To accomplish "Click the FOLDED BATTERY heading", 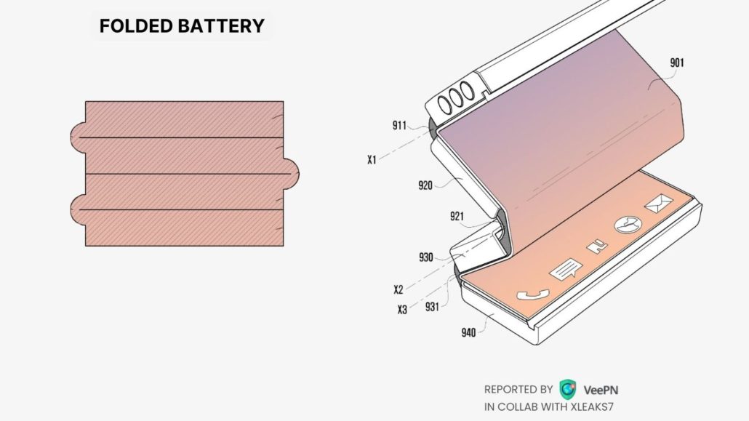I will coord(182,26).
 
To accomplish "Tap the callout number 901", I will coord(676,63).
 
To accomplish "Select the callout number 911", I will coord(399,125).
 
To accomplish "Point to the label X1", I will coord(372,159).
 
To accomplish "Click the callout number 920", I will coord(425,185).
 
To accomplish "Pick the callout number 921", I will coord(457,216).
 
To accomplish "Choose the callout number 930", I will coord(426,257).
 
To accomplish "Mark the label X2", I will coord(398,289).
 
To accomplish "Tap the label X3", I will coord(402,309).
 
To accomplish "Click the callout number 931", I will coord(432,307).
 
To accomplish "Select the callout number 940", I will coord(468,333).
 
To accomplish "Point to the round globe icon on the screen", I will coord(625,225).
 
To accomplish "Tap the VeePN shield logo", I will coord(567,388).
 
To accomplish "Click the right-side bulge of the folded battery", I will coord(291,174).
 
